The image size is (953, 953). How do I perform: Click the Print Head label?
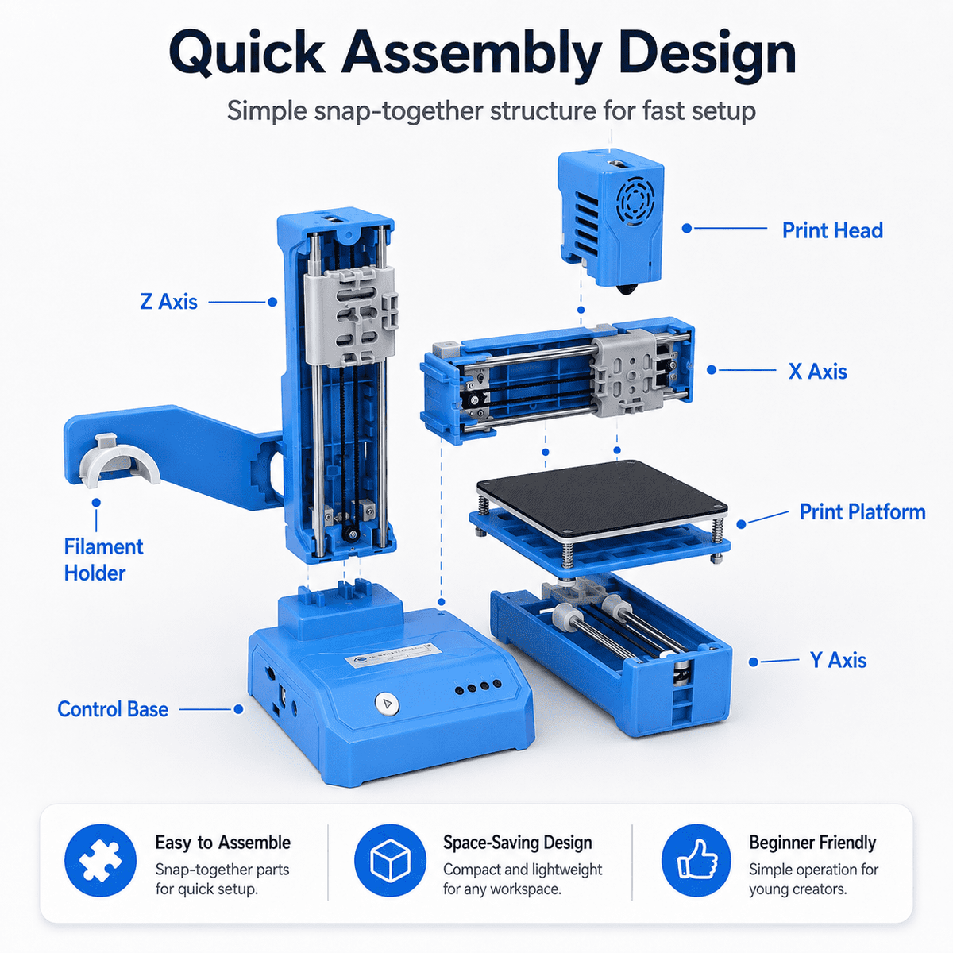[831, 230]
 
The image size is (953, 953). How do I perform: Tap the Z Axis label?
[168, 302]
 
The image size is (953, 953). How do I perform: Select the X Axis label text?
[817, 372]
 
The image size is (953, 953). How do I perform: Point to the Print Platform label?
[862, 512]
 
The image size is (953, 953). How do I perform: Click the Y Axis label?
[838, 660]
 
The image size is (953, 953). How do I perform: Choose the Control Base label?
[113, 708]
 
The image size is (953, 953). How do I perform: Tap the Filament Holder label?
[103, 560]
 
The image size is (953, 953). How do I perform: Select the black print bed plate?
[602, 500]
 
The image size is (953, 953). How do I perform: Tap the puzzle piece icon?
[100, 861]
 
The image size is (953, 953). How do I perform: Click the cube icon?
[390, 861]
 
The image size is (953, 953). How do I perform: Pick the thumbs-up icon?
[696, 861]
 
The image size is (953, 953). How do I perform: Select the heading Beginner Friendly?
[812, 843]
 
